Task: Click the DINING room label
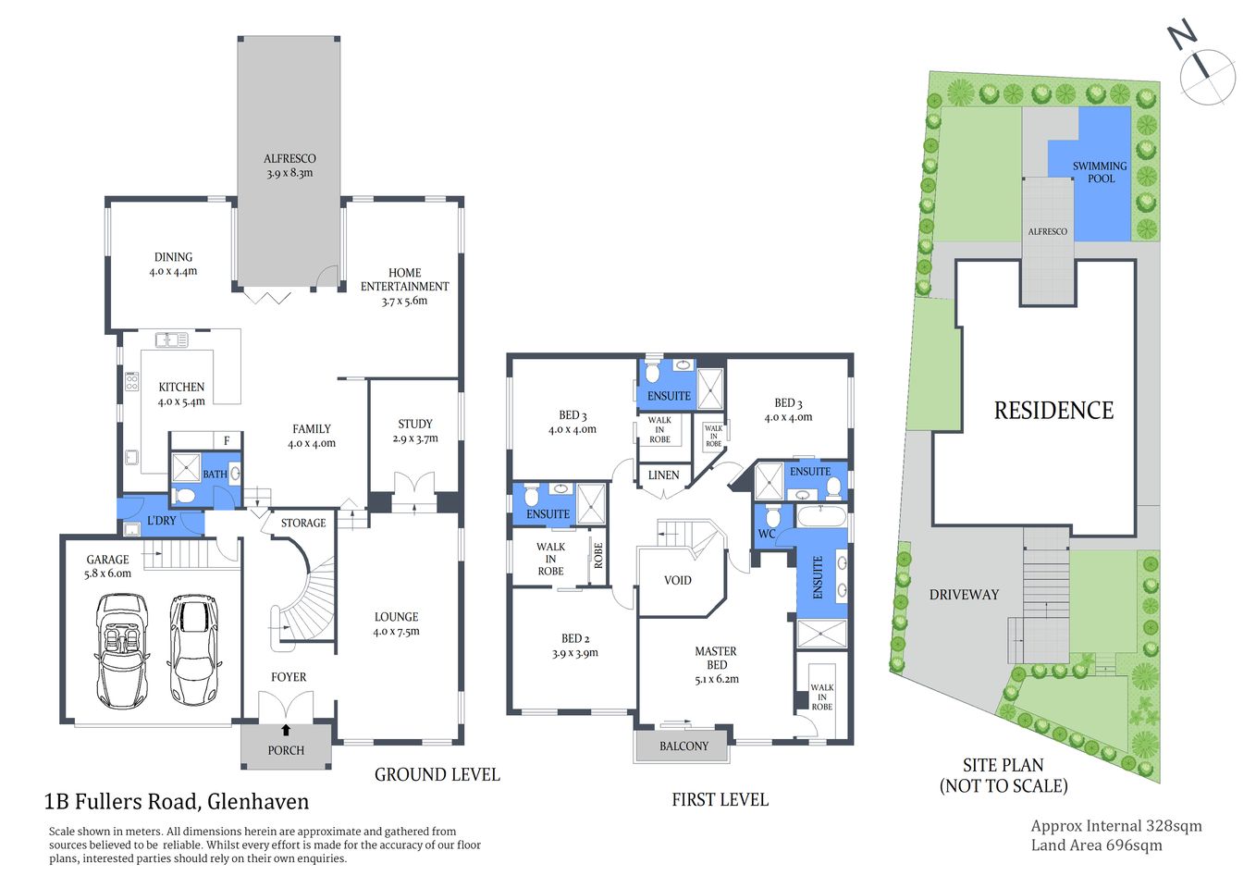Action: click(173, 257)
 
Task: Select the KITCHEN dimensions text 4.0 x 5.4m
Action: click(181, 401)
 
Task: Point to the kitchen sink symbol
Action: click(171, 340)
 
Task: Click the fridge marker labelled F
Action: click(227, 440)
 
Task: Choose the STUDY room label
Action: click(415, 424)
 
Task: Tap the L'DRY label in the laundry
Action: click(162, 521)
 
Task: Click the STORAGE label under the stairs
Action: click(303, 523)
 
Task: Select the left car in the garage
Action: click(121, 650)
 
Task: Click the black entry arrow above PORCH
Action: click(286, 730)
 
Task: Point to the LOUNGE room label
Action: click(396, 617)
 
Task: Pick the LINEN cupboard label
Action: click(663, 475)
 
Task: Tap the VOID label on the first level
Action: click(678, 580)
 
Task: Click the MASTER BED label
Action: click(716, 658)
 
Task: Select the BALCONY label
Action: click(683, 746)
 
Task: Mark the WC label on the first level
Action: click(767, 534)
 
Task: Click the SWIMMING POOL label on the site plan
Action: click(1100, 172)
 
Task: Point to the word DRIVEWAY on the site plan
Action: click(964, 595)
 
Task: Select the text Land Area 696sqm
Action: click(1096, 845)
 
